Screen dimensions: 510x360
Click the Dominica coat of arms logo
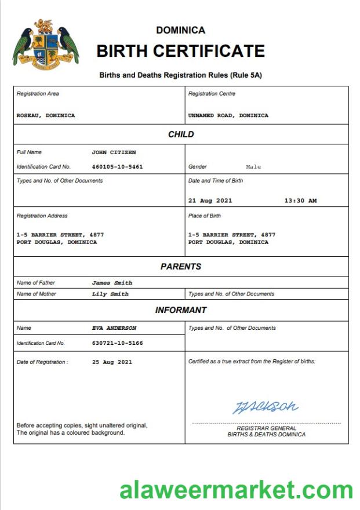45,43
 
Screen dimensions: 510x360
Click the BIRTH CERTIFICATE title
180,51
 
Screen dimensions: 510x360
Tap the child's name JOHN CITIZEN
114,152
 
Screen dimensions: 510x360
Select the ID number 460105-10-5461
117,166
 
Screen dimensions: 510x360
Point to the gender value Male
253,167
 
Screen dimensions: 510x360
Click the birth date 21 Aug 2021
210,201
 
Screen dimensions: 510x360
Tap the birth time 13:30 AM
300,201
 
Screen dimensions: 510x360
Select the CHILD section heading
181,134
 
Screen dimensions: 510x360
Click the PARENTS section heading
181,267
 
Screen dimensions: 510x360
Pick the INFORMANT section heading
181,310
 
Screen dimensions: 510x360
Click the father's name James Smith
112,283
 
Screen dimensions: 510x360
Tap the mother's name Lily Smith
110,294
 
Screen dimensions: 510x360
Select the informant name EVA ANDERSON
114,328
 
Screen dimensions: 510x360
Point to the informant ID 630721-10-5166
117,343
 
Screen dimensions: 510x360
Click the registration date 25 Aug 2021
112,362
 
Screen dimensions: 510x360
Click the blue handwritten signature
266,406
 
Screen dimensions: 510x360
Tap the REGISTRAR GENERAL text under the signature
266,428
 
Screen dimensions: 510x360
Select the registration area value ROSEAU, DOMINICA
46,115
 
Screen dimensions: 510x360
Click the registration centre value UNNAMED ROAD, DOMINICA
228,115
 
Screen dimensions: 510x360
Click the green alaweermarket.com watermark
236,490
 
